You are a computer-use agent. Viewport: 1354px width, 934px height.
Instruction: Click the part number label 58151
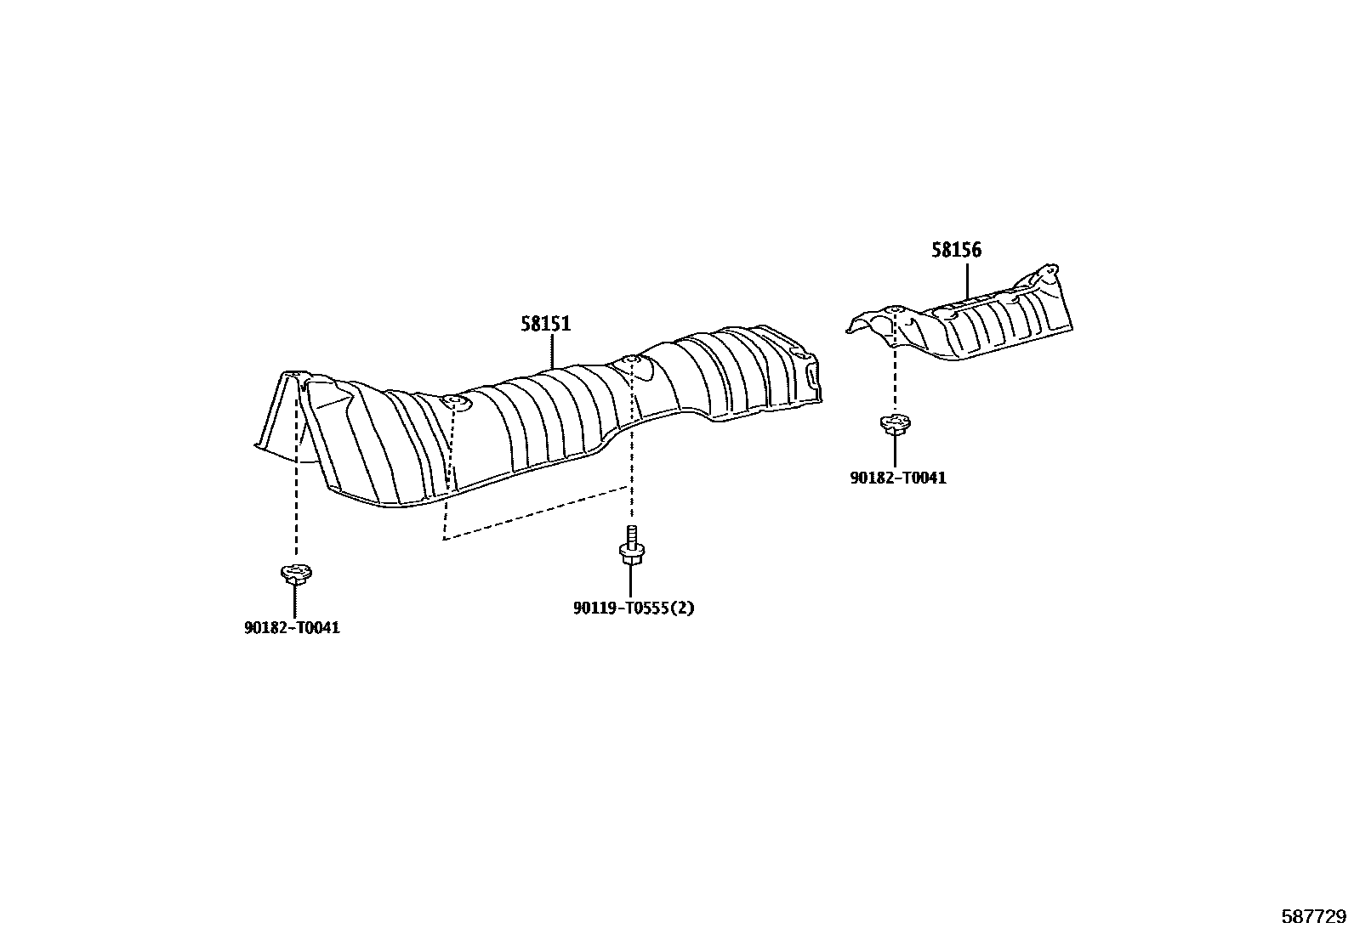tap(545, 324)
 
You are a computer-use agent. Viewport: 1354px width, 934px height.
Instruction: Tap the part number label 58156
tap(956, 250)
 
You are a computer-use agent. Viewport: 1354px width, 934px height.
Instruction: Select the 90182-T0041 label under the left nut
tap(292, 629)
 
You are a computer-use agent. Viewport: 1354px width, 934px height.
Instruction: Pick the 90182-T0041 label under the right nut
tap(898, 478)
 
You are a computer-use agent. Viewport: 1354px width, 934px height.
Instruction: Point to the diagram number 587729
tap(1314, 917)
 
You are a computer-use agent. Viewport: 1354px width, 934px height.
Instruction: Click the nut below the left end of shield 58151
tap(294, 574)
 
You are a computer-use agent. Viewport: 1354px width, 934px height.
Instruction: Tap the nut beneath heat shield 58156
tap(896, 422)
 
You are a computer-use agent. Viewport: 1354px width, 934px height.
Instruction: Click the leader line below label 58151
tap(553, 351)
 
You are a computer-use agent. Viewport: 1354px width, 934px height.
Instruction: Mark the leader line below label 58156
tap(967, 280)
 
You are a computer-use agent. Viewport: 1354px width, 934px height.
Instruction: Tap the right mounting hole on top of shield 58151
tap(630, 362)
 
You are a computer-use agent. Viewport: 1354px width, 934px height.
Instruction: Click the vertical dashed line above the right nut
tap(895, 374)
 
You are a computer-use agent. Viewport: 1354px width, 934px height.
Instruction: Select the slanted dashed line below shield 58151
tap(536, 512)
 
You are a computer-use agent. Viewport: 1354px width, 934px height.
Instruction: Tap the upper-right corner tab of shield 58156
tap(1051, 272)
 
